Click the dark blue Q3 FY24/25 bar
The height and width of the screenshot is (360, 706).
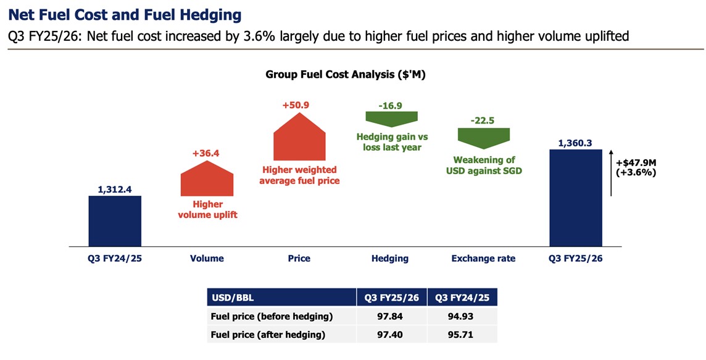115,221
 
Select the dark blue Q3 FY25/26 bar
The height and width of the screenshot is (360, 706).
575,198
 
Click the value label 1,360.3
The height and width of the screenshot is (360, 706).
575,143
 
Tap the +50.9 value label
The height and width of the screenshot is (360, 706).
299,106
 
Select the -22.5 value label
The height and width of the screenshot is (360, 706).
483,120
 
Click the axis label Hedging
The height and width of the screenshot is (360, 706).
390,259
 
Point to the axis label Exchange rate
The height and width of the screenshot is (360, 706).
483,259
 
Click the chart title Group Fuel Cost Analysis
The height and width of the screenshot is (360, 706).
346,75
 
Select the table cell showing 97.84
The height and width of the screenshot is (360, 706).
392,317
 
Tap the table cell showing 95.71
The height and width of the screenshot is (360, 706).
462,334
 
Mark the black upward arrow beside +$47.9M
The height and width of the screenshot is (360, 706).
611,172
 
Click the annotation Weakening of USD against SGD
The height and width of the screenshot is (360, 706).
484,165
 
